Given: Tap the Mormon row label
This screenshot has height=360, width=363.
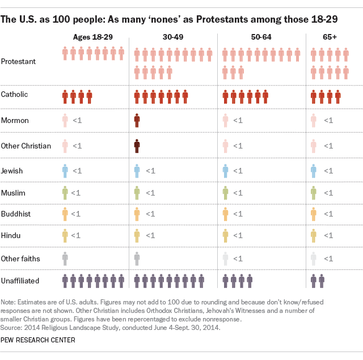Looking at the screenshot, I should pos(15,120).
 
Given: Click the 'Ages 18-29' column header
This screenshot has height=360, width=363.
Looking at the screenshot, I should pos(93,37).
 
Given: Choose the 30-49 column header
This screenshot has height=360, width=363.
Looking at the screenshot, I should pos(173,37).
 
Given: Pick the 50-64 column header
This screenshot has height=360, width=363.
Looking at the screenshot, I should pos(261,37).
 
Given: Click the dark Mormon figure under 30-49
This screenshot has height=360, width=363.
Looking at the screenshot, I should pos(137,120).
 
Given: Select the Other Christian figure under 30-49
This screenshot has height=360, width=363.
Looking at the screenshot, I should pos(137,146).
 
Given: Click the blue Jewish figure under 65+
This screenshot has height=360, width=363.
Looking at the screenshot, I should pos(314,170).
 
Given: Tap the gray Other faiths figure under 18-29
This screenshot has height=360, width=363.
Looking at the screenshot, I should pos(65,258).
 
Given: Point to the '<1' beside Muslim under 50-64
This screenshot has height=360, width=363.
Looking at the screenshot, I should pos(238,193).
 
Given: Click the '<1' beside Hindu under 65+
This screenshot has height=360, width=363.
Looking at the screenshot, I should pos(328,235).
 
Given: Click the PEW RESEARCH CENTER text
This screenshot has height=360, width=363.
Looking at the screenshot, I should pos(38,340).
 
